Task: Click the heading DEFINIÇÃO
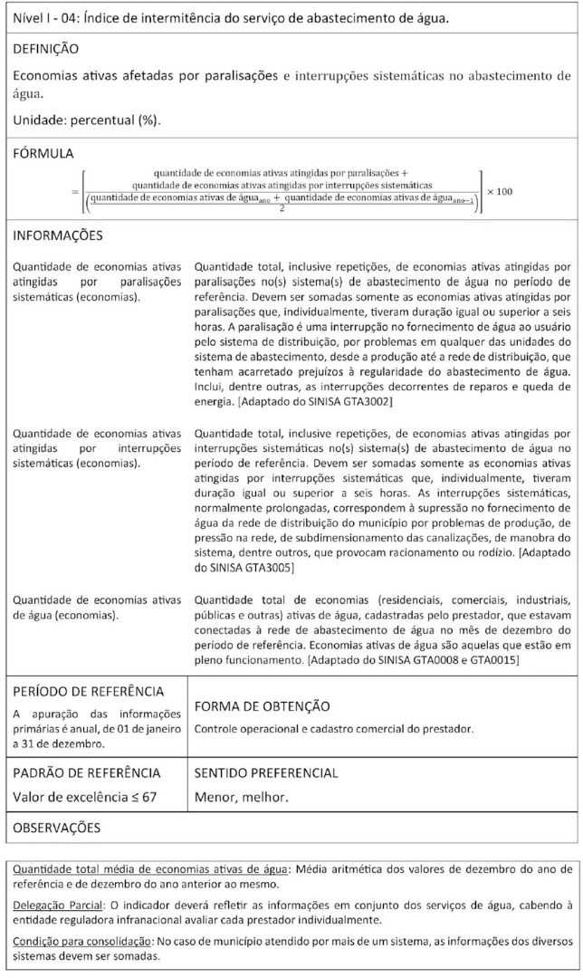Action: click(x=46, y=48)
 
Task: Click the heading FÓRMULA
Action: click(x=43, y=154)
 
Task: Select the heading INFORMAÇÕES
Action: click(x=57, y=235)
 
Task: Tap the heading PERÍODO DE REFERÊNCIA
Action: click(x=88, y=691)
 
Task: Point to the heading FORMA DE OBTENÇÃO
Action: click(x=263, y=705)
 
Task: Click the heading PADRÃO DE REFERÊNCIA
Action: click(x=87, y=772)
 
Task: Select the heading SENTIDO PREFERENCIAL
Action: click(x=266, y=772)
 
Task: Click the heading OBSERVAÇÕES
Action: click(x=56, y=827)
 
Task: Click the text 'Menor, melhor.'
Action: click(x=232, y=798)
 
